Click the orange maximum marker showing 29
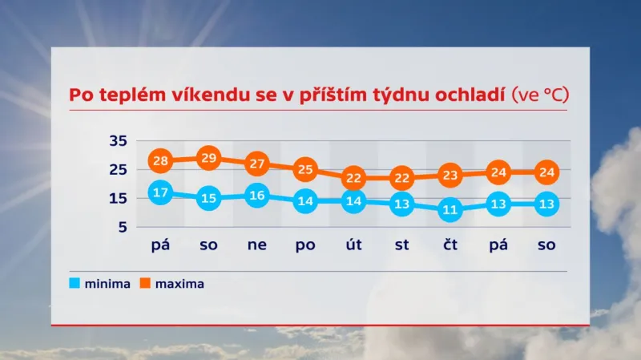point(208,157)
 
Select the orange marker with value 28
point(160,161)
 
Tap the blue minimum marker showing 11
point(450,211)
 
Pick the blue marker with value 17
point(160,192)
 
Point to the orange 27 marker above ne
point(257,164)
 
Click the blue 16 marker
point(257,196)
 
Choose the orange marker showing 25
point(305,169)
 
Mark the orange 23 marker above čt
point(450,175)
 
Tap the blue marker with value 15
point(208,198)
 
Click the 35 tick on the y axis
point(118,141)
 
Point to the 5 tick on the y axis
point(123,228)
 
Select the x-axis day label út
point(353,245)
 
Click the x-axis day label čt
point(450,245)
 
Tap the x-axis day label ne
point(257,245)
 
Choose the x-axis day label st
point(401,245)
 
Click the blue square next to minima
point(75,283)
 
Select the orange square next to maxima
point(145,283)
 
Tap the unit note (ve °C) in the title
point(539,95)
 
